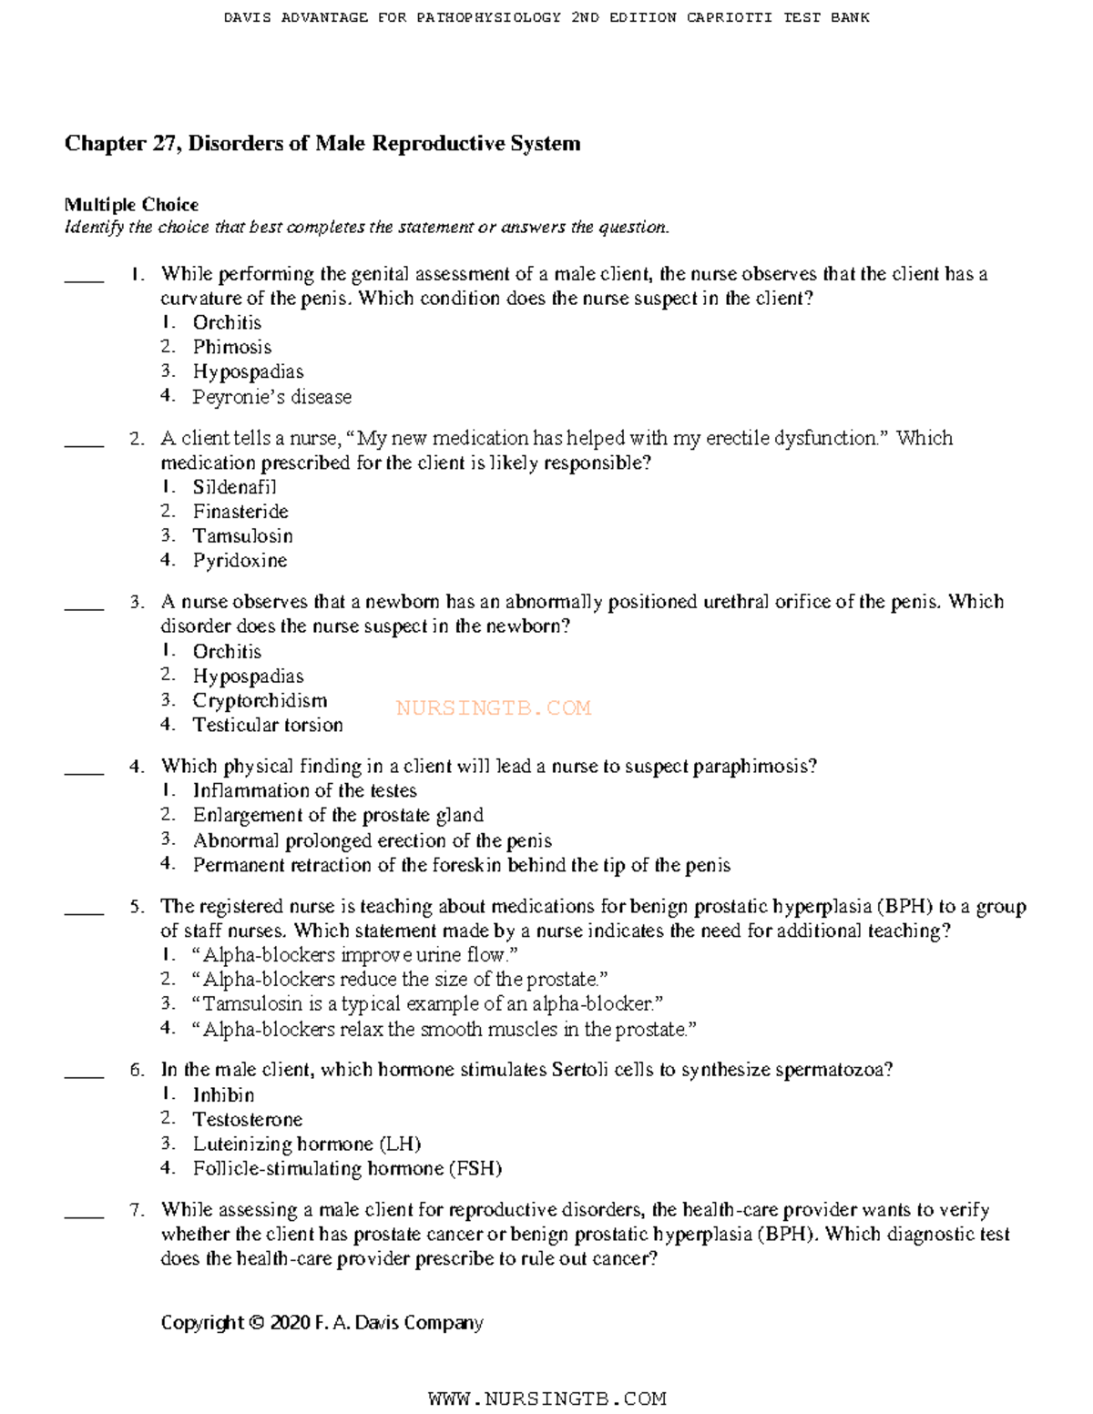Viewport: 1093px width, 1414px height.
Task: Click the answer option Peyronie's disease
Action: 271,397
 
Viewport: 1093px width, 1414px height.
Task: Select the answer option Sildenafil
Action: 234,487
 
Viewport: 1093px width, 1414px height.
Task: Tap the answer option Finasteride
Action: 240,512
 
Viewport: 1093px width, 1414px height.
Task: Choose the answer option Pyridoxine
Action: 240,561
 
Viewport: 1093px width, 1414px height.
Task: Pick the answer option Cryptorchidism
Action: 260,701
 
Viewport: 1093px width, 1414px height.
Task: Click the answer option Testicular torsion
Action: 268,726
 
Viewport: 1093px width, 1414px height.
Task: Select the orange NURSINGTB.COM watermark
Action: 494,708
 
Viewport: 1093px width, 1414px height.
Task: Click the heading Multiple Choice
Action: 131,205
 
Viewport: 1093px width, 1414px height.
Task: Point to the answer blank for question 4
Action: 84,773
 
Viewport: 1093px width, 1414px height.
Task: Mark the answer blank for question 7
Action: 84,1216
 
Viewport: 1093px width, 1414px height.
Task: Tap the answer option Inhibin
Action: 223,1095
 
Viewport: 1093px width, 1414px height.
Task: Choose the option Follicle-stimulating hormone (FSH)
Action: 347,1169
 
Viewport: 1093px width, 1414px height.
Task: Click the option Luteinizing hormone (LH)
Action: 306,1144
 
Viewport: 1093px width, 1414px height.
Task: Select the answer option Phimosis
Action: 231,347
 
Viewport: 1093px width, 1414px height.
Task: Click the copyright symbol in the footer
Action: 257,1323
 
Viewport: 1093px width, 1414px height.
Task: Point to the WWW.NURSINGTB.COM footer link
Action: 546,1399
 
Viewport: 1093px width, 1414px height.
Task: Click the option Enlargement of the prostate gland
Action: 338,816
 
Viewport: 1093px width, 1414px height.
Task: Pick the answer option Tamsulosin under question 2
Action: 242,536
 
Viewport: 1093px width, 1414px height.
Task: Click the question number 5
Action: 137,907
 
